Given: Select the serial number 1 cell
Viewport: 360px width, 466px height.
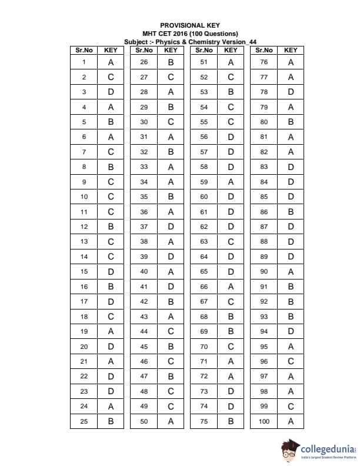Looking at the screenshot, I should [x=84, y=62].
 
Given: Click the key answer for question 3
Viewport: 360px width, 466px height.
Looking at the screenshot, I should [x=111, y=92].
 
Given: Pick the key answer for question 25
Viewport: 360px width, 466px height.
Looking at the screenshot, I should [x=111, y=421].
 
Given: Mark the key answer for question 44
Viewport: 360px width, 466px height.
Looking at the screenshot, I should [x=171, y=331].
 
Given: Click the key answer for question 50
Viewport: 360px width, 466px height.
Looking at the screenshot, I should [x=171, y=421].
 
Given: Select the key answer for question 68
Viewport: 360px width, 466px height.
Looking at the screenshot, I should [x=231, y=317].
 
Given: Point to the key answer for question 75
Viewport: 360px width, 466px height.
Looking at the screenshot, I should [x=231, y=421].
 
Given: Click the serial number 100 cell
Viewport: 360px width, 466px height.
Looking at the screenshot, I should [x=264, y=421].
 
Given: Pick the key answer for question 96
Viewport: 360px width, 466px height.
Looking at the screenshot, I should [x=291, y=361].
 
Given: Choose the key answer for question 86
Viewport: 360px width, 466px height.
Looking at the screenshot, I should [x=291, y=211].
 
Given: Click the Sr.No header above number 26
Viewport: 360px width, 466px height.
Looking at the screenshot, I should [x=144, y=50].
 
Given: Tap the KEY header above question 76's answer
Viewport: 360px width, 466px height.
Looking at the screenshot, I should [x=291, y=50].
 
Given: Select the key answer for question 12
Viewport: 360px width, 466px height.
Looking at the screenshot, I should [x=111, y=227].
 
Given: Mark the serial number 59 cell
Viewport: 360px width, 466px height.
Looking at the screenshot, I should [x=204, y=182].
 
